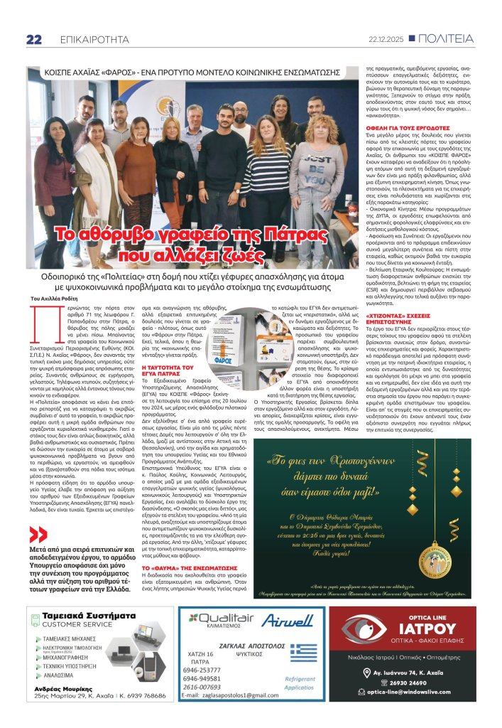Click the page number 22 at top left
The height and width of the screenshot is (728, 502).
point(34,40)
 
